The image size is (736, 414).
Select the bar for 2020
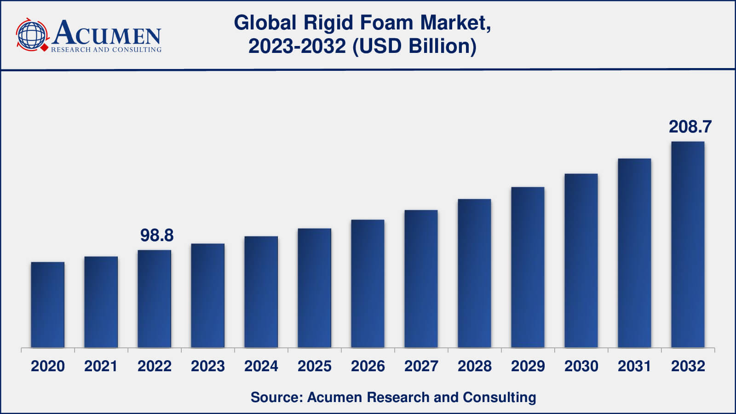click(x=48, y=305)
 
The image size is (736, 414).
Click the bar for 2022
click(x=155, y=299)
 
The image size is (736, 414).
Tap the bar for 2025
click(x=314, y=287)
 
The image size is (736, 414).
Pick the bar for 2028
click(x=474, y=273)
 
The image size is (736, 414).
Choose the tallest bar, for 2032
click(x=688, y=244)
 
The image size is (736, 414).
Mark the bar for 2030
click(x=581, y=260)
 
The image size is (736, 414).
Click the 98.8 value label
click(x=157, y=236)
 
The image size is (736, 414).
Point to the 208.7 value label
click(x=690, y=127)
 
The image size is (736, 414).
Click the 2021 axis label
click(x=101, y=366)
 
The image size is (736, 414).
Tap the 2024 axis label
click(x=261, y=366)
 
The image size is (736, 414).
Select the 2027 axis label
click(x=421, y=366)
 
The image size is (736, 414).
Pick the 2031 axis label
click(x=634, y=366)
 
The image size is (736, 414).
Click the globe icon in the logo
click(x=31, y=35)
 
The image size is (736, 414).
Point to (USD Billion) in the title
click(x=414, y=46)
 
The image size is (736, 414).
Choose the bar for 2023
click(x=208, y=295)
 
